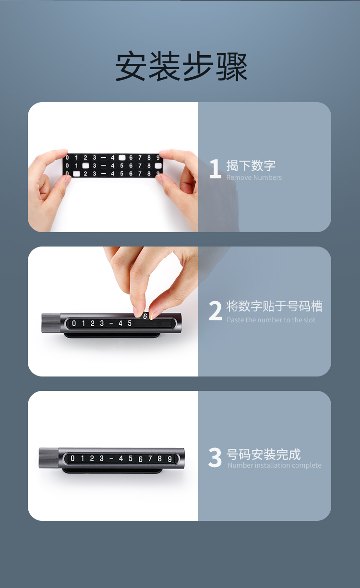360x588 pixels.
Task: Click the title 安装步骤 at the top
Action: (x=181, y=66)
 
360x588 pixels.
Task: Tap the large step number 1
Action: (x=216, y=168)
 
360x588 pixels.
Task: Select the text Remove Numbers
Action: (x=254, y=178)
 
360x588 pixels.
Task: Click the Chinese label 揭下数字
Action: (x=251, y=165)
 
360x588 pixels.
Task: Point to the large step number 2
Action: (x=216, y=310)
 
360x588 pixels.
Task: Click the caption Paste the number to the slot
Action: (x=271, y=320)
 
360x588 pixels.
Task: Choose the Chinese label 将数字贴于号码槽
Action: (x=275, y=306)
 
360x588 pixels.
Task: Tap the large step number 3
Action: (x=215, y=458)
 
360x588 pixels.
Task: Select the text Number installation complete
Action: (x=275, y=465)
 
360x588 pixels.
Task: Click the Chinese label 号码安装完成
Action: (x=264, y=454)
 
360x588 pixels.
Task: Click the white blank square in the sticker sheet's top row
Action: (x=122, y=157)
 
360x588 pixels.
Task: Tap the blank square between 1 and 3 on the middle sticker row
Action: (x=85, y=165)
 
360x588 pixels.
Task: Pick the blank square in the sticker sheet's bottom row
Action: (x=76, y=174)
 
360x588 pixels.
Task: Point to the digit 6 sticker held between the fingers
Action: (x=145, y=317)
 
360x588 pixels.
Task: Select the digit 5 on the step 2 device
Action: (x=130, y=323)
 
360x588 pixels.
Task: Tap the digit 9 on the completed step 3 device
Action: (x=170, y=459)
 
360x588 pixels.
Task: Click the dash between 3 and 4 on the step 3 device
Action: (x=111, y=459)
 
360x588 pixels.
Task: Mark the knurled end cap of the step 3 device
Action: (x=48, y=458)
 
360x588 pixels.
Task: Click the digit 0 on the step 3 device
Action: (x=73, y=459)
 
